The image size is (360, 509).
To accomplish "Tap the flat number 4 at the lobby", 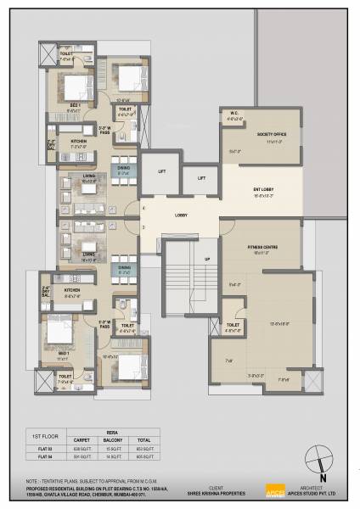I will click(144, 208).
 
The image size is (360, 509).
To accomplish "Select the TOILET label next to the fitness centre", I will click(233, 325).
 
